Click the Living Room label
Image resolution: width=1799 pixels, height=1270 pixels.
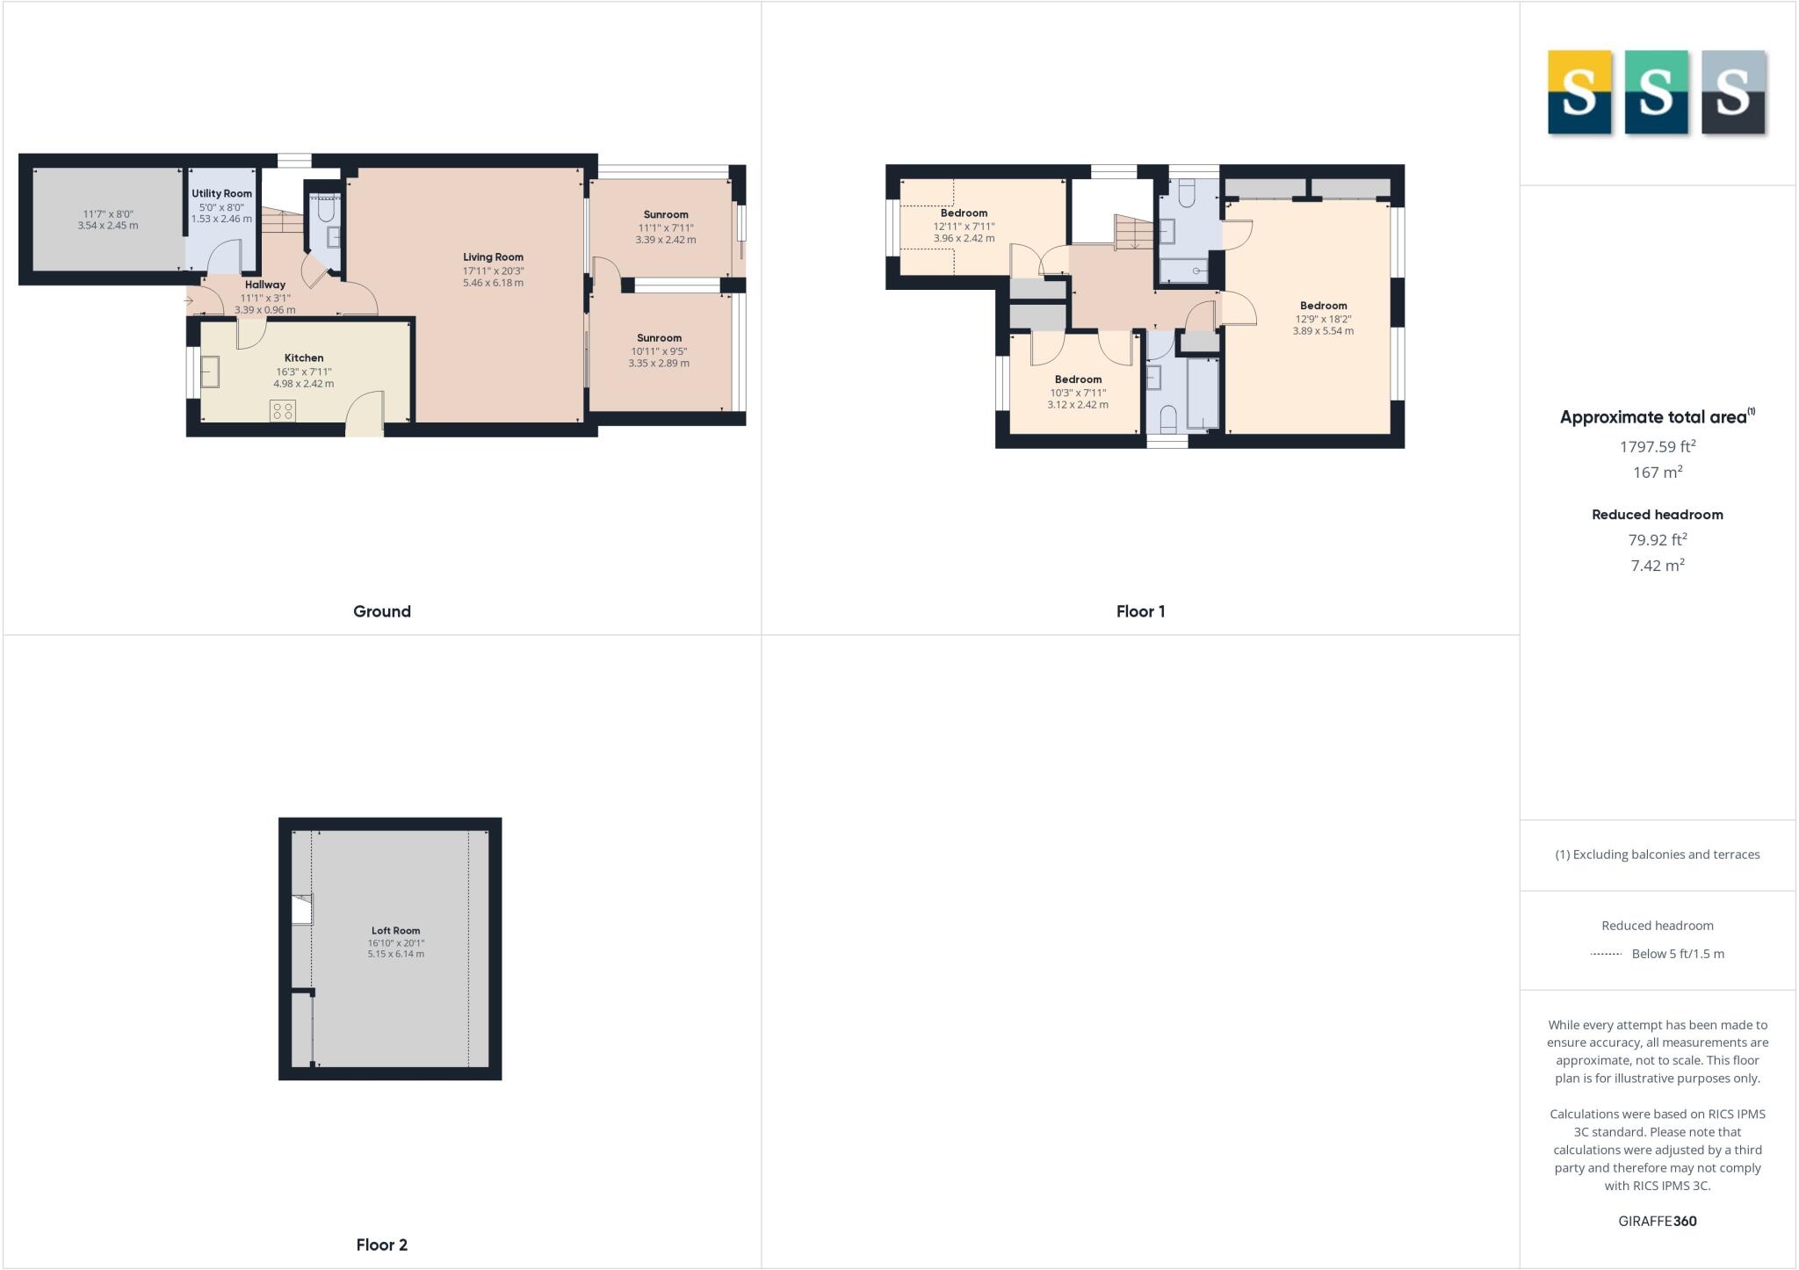[493, 257]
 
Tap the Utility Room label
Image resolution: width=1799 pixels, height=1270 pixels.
[221, 193]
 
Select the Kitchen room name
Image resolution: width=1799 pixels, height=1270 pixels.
[304, 357]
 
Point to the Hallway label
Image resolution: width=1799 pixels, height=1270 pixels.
[264, 285]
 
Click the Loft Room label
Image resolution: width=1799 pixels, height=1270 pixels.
[395, 930]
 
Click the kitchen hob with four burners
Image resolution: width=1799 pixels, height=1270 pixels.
[283, 410]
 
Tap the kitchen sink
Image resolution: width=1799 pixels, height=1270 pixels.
[210, 372]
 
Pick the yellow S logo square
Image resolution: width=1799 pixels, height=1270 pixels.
[1579, 92]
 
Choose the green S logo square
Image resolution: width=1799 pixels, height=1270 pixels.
[1656, 92]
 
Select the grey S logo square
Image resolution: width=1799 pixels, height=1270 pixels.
[1733, 92]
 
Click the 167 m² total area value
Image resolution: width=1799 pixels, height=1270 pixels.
[1657, 472]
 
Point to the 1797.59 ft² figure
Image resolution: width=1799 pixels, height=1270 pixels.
[1657, 446]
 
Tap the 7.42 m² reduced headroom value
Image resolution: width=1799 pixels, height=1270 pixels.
[1657, 565]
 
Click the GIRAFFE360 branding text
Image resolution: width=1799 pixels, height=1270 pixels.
[1657, 1221]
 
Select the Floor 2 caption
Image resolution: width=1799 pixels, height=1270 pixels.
[381, 1245]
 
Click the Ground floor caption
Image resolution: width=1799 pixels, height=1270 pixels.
[381, 611]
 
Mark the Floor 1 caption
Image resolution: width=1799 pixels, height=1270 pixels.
[1140, 611]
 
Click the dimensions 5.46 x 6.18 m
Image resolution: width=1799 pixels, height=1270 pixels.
[493, 283]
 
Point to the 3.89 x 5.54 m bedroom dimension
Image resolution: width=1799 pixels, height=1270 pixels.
[1323, 331]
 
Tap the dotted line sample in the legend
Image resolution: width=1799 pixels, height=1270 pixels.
[1606, 954]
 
